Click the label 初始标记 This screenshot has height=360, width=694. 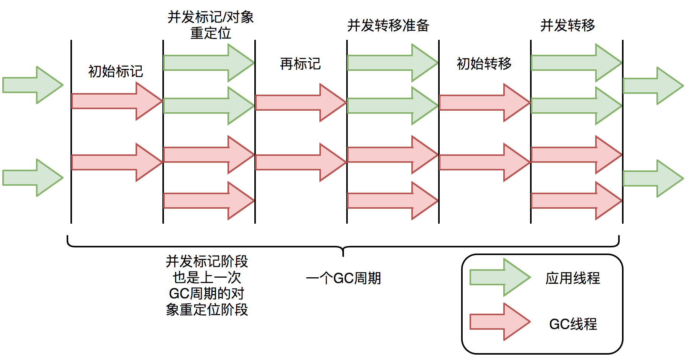(115, 71)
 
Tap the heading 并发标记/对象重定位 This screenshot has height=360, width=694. (211, 25)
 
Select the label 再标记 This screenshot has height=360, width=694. (300, 64)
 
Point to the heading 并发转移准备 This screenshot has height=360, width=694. (388, 25)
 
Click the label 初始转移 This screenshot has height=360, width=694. (484, 64)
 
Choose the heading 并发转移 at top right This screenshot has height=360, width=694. (567, 25)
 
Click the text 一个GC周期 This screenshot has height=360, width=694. (343, 278)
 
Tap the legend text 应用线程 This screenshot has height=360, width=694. (573, 278)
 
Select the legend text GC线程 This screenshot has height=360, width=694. (573, 324)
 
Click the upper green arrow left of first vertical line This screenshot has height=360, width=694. (33, 85)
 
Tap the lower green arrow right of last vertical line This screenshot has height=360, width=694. (653, 178)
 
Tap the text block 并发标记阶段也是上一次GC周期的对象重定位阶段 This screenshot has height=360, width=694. (207, 285)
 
